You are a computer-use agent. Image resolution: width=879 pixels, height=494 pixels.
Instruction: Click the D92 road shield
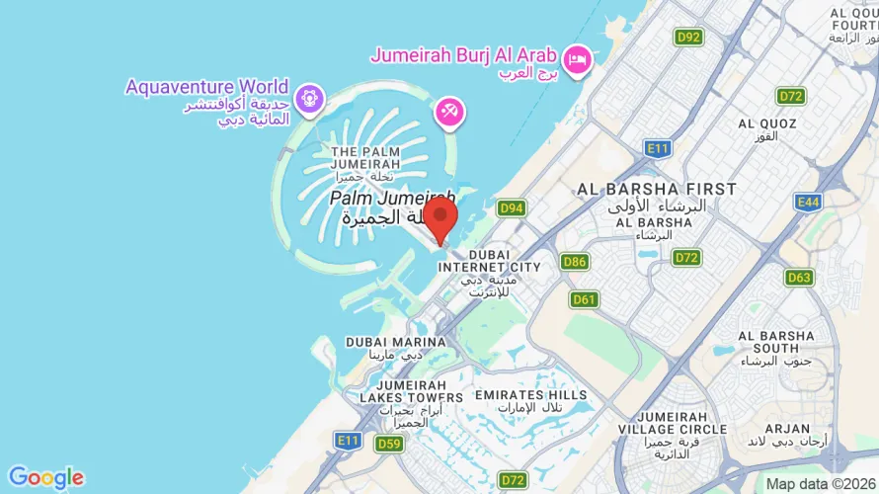689,37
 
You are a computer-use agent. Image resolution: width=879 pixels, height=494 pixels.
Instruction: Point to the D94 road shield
511,207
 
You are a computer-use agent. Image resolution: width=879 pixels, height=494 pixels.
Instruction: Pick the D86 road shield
574,262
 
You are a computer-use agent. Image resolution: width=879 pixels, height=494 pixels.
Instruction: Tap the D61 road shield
584,298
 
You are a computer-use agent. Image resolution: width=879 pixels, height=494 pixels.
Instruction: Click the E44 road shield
808,202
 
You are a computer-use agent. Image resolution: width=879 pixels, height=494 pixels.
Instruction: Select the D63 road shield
800,277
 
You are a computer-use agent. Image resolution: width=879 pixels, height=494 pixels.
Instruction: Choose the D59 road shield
389,444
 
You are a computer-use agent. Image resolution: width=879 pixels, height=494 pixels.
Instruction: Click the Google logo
45,478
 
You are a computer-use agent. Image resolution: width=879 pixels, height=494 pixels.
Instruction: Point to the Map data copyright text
822,484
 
